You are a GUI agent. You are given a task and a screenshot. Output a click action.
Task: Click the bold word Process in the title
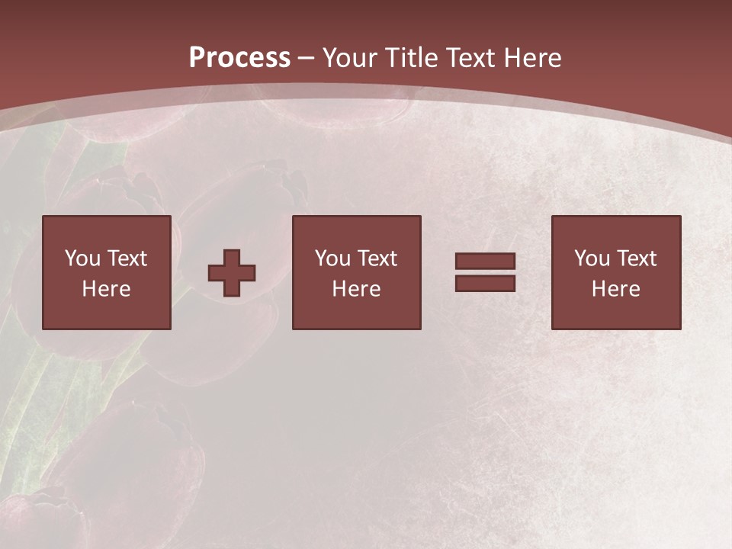tap(239, 58)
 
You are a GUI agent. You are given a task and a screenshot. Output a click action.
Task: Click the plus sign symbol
tap(232, 273)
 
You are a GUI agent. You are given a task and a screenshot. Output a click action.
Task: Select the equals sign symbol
tap(485, 272)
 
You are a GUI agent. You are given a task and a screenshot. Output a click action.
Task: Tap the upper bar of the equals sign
tap(485, 262)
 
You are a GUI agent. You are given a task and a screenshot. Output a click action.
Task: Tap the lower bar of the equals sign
tap(485, 283)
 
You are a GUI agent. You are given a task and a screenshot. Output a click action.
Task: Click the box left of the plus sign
tap(106, 272)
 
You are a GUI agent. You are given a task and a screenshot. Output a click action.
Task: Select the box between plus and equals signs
tap(356, 272)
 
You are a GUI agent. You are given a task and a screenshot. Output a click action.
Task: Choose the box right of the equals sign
tap(616, 272)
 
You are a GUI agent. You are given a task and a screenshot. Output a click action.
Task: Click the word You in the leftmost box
tap(82, 258)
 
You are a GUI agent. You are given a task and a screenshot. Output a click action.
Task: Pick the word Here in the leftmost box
tap(106, 289)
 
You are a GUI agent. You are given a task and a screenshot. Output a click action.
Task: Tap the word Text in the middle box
tap(377, 258)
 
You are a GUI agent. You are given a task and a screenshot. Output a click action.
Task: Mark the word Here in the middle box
tap(356, 289)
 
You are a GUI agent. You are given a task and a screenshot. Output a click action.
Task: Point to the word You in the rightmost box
tap(592, 258)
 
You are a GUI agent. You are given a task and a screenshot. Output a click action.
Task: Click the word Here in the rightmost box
tap(615, 289)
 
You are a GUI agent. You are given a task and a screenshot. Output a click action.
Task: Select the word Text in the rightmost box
tap(636, 258)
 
